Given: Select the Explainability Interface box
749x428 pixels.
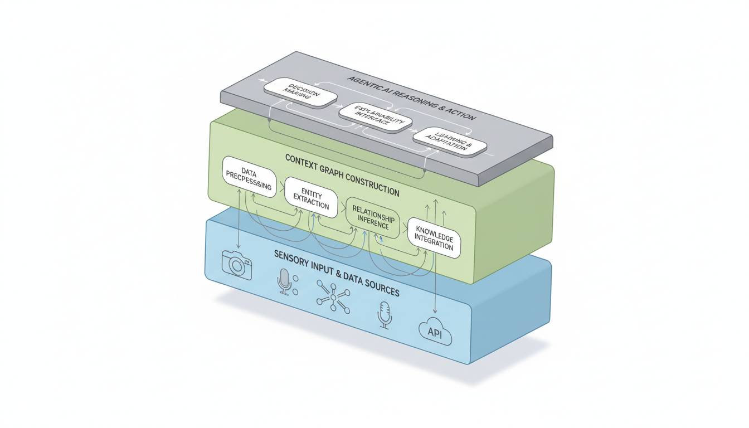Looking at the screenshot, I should pyautogui.click(x=376, y=117).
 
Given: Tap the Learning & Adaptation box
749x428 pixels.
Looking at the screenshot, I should pyautogui.click(x=450, y=141).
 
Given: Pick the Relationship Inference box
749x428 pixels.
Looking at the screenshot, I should pyautogui.click(x=373, y=218).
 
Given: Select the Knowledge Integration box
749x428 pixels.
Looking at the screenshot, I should pyautogui.click(x=434, y=237).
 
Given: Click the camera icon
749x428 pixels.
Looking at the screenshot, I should pyautogui.click(x=237, y=264).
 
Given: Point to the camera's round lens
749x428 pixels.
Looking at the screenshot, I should pyautogui.click(x=238, y=266).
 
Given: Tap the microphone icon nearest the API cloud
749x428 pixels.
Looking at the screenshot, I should pyautogui.click(x=384, y=315).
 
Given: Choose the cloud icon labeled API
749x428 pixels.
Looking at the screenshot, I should pyautogui.click(x=435, y=333).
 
